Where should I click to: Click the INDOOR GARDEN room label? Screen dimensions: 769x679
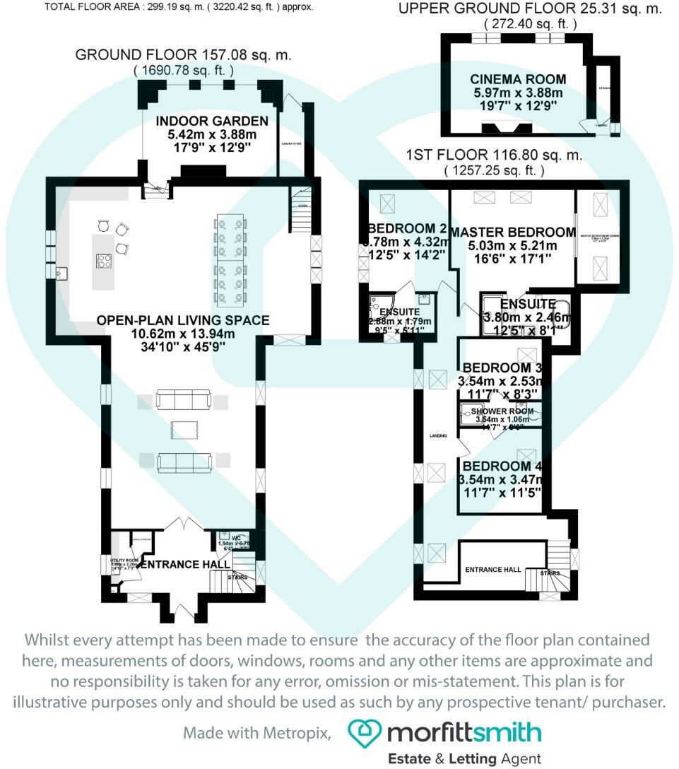coord(212,121)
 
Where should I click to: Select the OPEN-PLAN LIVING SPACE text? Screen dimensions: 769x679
coord(183,320)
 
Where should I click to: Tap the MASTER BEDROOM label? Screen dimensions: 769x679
coord(512,233)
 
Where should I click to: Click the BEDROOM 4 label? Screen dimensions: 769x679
coord(501,466)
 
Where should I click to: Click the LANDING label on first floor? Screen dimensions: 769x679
coord(438,435)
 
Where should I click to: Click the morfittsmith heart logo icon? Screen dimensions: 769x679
coord(364,733)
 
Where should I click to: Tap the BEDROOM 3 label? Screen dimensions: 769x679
coord(502,368)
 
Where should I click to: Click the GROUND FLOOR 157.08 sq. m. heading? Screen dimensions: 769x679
coord(184,55)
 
